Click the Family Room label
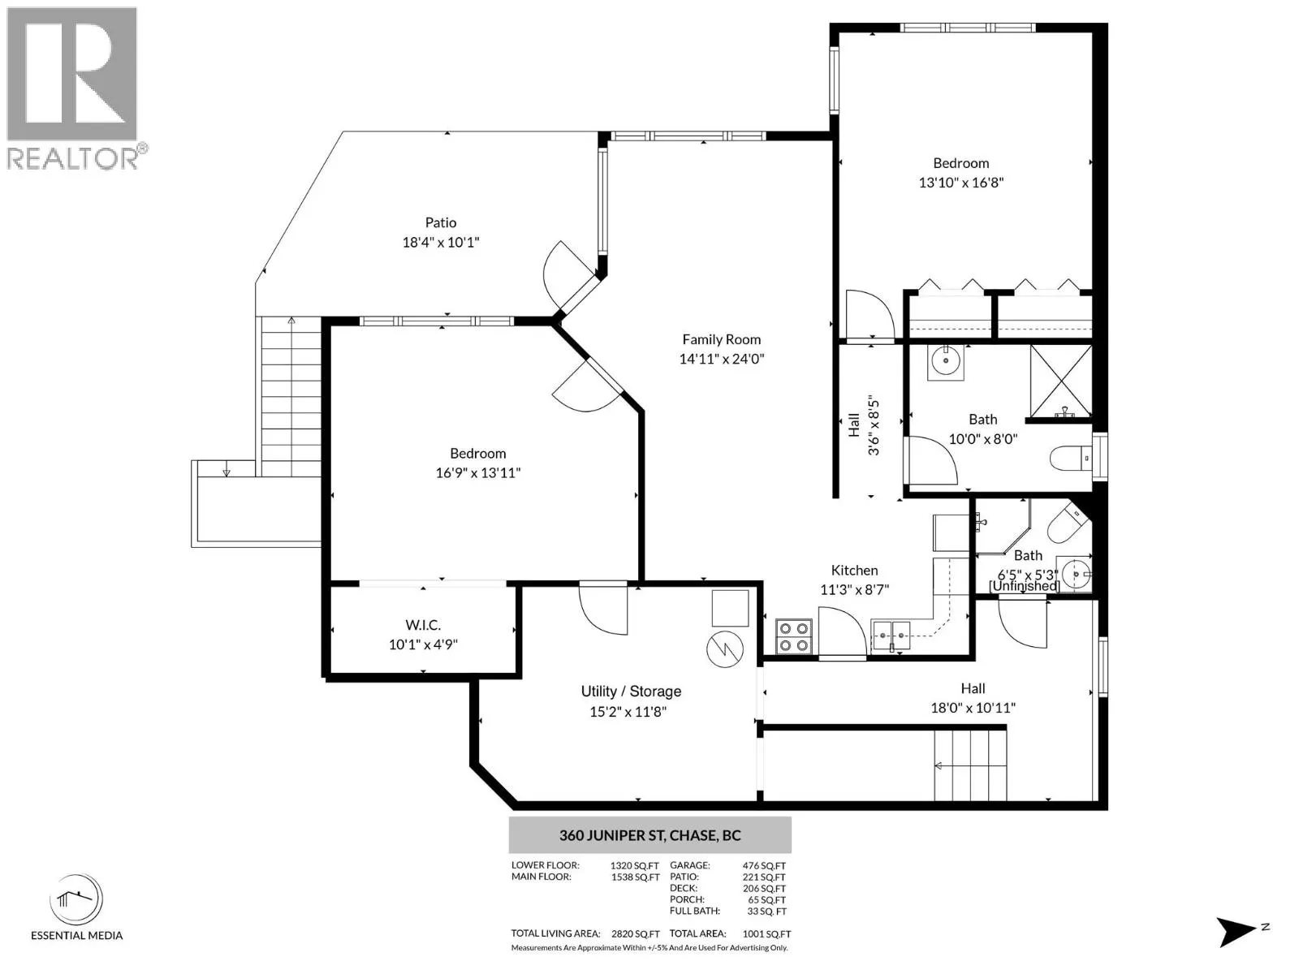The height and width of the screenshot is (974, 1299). [x=722, y=339]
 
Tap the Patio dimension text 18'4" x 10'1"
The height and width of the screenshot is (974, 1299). [x=441, y=242]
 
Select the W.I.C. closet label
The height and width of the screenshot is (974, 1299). [x=423, y=624]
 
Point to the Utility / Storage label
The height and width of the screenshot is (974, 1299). [x=631, y=692]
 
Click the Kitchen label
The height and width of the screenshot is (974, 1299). [x=855, y=570]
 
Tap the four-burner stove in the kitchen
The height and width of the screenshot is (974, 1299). [x=794, y=636]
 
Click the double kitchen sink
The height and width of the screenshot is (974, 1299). [x=891, y=636]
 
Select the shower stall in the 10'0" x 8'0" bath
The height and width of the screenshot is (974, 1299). [x=1060, y=382]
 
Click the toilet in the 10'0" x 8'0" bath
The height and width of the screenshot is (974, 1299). [x=1071, y=458]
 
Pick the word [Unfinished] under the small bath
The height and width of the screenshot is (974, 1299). [x=1025, y=585]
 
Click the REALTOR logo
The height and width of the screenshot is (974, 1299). [x=73, y=88]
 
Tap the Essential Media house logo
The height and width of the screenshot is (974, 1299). [x=76, y=899]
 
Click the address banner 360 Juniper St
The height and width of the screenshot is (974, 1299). [x=649, y=835]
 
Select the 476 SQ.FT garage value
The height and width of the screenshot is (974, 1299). [x=764, y=866]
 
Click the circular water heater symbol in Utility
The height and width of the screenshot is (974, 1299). [x=725, y=649]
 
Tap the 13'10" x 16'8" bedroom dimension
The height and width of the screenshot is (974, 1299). [x=961, y=182]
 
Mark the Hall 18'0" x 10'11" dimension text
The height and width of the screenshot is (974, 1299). [x=973, y=707]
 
